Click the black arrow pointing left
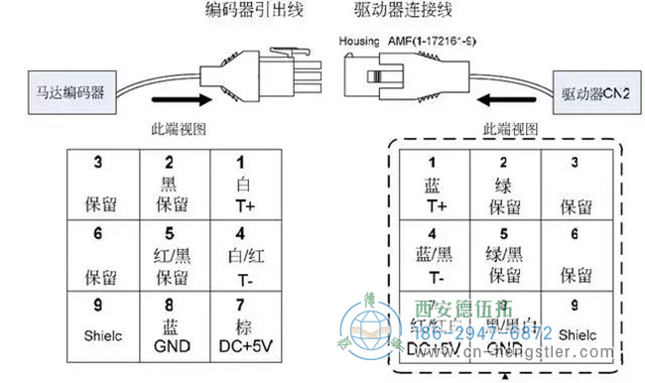click(500, 99)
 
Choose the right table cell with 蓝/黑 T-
click(431, 254)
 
